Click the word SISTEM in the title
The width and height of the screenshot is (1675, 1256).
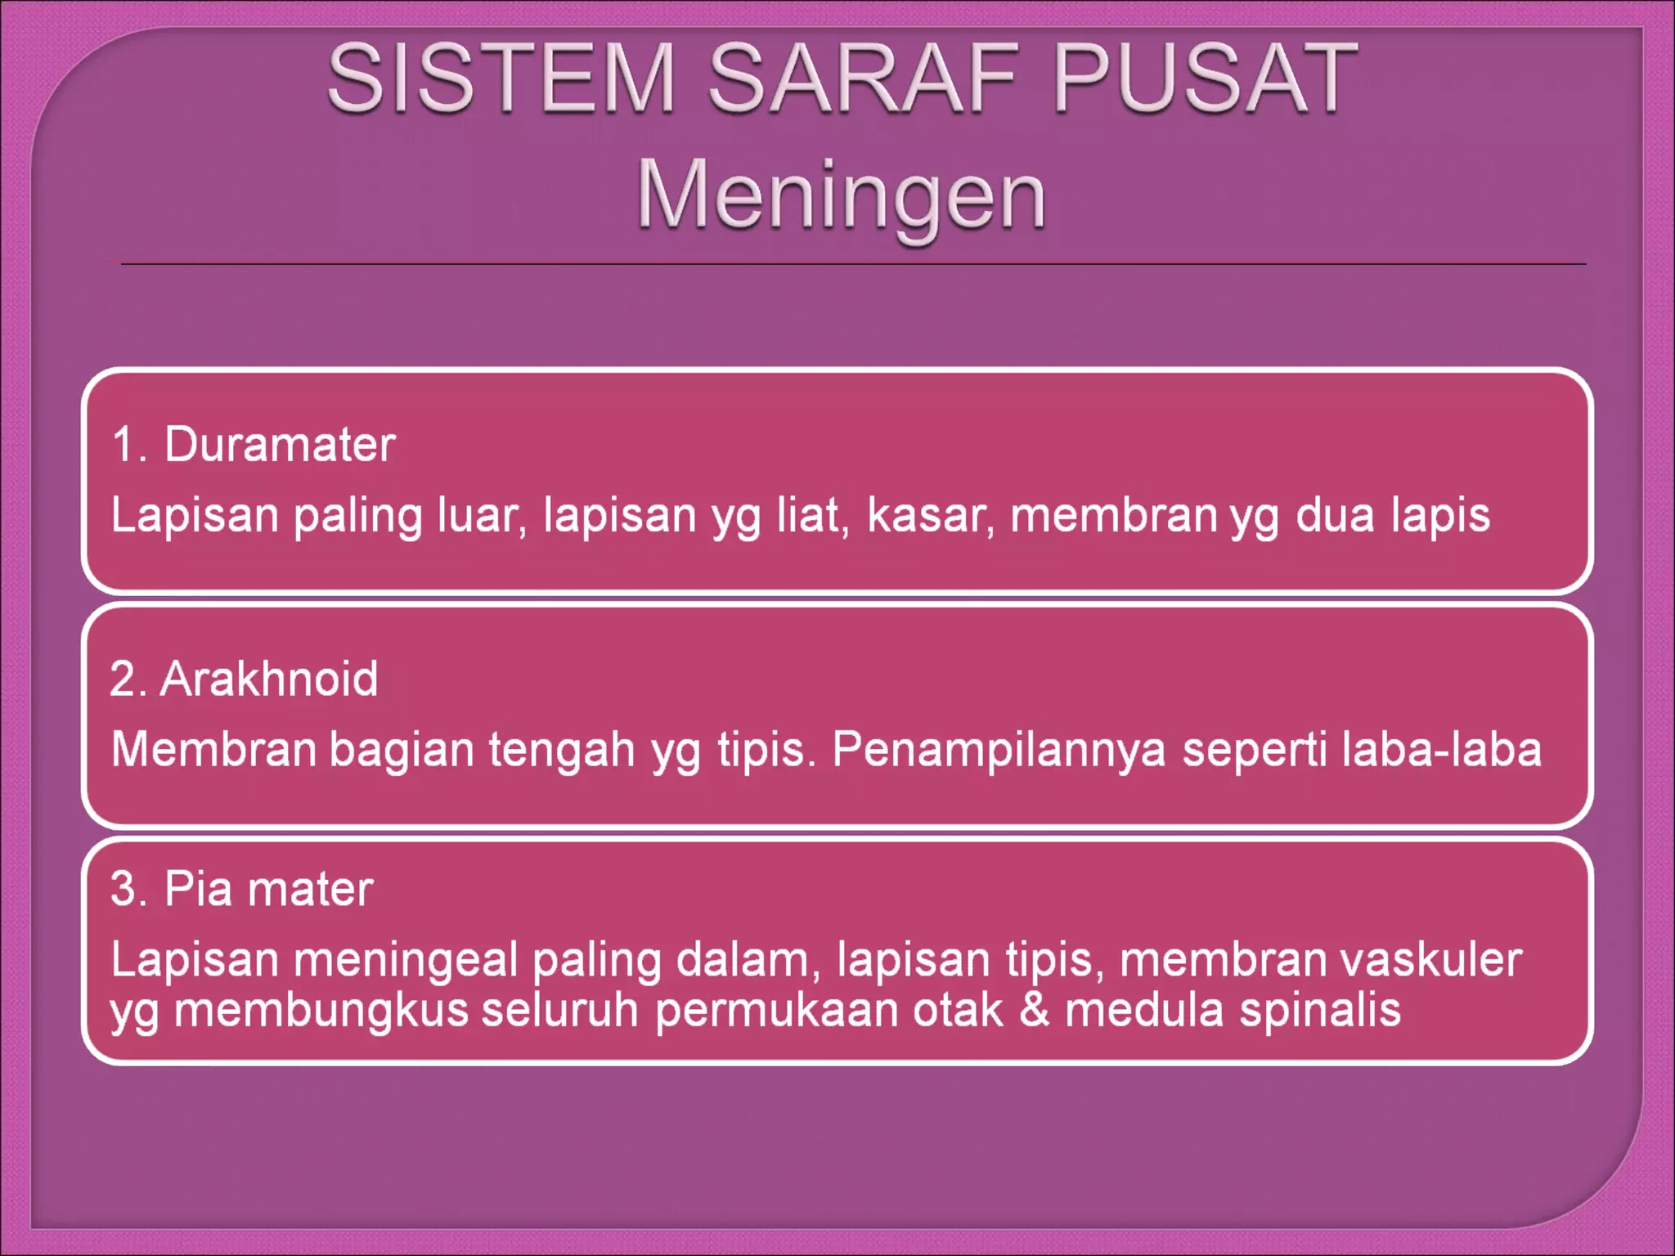point(501,78)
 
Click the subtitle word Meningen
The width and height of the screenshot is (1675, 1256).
point(841,196)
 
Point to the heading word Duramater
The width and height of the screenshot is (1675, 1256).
point(280,445)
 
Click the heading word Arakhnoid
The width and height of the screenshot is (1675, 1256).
point(269,679)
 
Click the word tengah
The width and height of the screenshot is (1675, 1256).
point(562,750)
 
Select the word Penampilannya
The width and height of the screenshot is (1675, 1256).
point(999,750)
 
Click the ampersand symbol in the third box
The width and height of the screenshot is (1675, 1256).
point(1035,1010)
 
